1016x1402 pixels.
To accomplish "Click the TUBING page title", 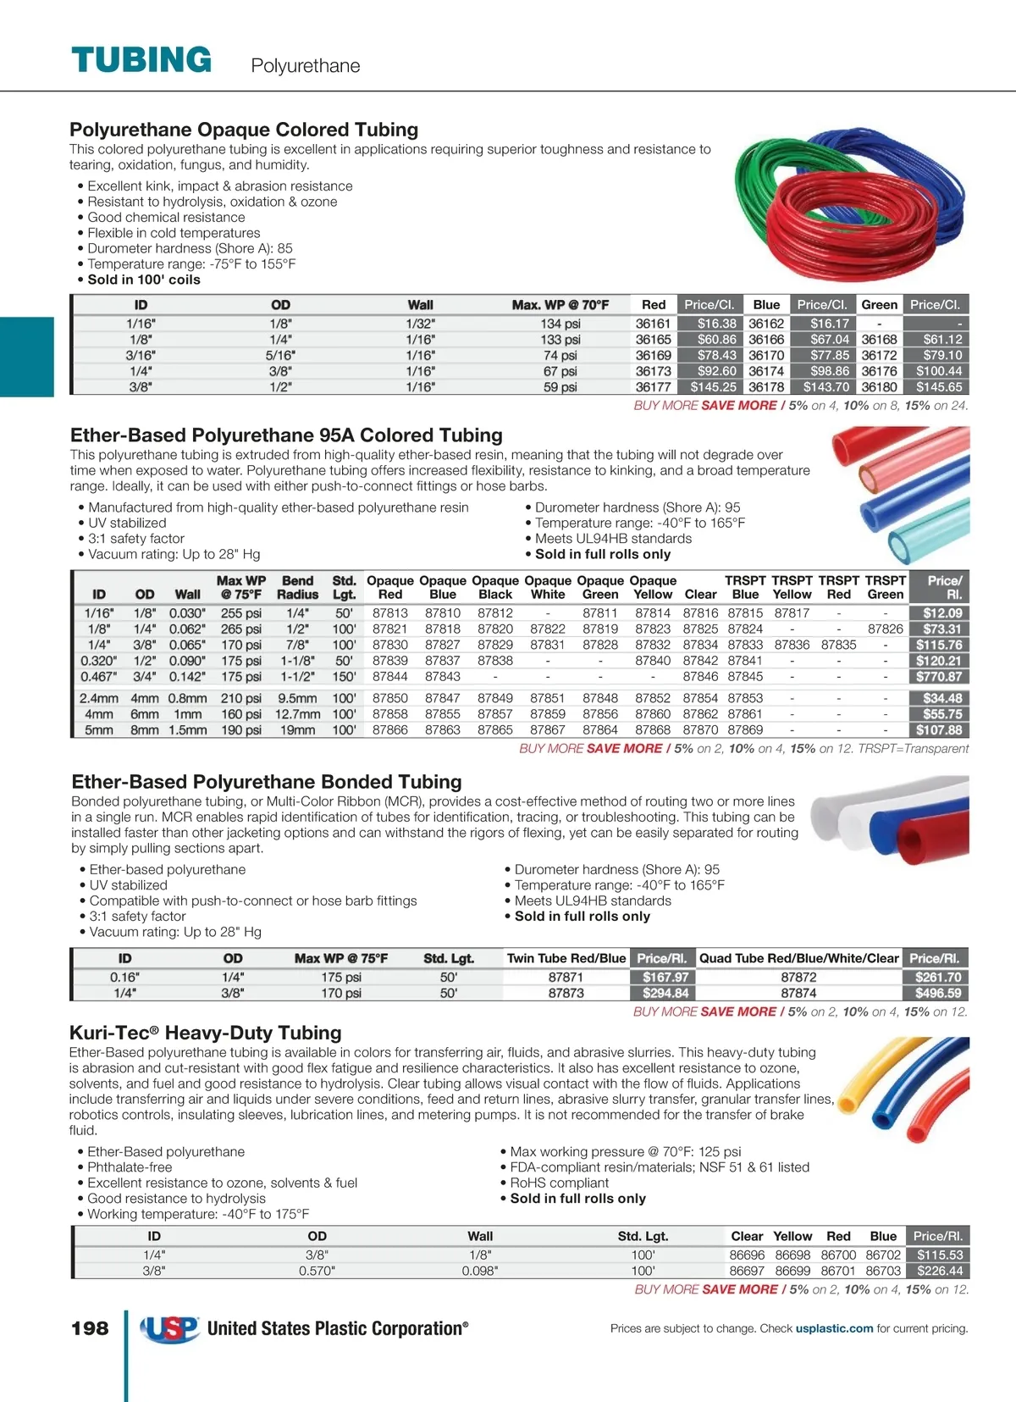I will click(141, 60).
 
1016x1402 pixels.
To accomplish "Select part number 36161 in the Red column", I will click(653, 324).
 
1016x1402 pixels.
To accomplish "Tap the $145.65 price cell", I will click(938, 387).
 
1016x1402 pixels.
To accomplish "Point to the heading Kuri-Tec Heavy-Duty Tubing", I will click(206, 1033).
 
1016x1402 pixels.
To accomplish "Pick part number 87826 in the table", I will click(885, 629).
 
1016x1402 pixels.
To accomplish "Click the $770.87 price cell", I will click(938, 677).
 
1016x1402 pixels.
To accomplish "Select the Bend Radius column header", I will click(297, 588).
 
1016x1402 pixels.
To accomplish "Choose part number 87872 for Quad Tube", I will click(798, 978).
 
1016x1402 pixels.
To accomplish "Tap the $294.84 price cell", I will click(665, 993).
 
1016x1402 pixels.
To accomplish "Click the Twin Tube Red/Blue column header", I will click(566, 958).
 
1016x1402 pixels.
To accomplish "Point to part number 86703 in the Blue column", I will click(883, 1271).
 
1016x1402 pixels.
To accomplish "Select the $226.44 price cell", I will click(939, 1271).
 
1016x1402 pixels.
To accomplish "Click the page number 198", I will click(90, 1328).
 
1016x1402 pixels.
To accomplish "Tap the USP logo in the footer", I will click(169, 1328).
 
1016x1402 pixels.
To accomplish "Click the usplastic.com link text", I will click(834, 1328).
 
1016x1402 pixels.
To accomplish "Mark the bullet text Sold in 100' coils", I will click(144, 280).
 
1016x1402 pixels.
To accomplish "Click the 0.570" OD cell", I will click(317, 1271).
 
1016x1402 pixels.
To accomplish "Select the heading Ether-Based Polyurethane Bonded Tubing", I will click(267, 782).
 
